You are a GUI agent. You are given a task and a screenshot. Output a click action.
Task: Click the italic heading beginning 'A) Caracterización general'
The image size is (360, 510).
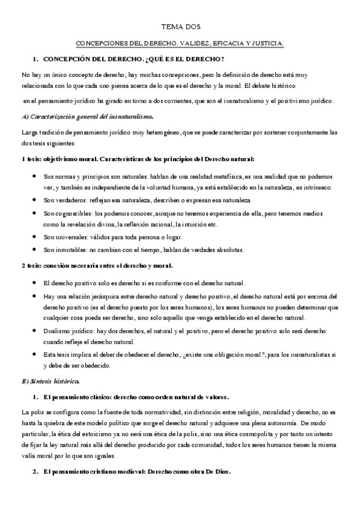click(87, 116)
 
